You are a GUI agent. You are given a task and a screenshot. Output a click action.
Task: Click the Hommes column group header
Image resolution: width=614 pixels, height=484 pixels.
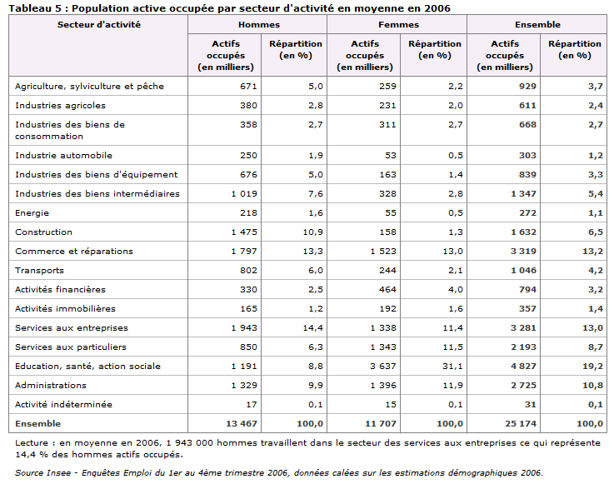[x=259, y=25]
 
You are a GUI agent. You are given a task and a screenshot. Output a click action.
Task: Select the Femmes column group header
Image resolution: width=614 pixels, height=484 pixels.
[x=398, y=25]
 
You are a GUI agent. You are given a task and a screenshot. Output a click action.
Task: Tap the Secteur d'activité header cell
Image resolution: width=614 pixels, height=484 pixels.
[x=98, y=25]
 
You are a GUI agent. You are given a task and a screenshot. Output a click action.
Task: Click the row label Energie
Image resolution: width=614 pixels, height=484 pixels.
[x=32, y=213]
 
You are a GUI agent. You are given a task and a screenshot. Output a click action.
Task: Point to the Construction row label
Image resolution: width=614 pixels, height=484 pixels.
[x=43, y=232]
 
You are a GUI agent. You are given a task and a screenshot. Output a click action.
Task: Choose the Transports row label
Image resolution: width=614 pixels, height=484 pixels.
[x=39, y=271]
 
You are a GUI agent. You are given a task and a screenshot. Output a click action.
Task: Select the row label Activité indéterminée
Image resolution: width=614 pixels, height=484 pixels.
[x=63, y=404]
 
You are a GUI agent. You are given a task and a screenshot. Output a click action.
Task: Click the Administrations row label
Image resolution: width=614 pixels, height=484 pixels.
[x=51, y=386]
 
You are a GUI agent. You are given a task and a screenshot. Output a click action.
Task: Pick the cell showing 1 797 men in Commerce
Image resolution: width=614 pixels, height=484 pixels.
[x=244, y=251]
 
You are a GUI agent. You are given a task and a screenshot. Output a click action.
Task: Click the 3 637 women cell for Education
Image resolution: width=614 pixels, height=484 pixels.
[x=383, y=367]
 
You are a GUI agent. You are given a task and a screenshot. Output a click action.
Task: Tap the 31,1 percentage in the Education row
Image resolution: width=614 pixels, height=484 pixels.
[x=452, y=367]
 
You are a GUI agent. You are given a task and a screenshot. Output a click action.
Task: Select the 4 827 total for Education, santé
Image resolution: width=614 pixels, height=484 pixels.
[x=523, y=367]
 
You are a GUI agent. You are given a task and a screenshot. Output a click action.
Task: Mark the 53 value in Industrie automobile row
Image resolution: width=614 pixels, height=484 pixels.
[x=391, y=156]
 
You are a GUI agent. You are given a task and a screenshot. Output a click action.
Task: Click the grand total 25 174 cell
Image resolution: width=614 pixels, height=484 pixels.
[x=521, y=424]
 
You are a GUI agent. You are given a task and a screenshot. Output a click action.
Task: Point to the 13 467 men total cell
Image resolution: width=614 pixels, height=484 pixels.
[x=242, y=424]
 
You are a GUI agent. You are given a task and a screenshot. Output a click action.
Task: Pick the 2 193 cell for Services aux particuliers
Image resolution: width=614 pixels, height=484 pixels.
[x=523, y=347]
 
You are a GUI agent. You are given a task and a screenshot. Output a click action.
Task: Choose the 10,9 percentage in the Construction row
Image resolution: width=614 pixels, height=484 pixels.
[x=313, y=232]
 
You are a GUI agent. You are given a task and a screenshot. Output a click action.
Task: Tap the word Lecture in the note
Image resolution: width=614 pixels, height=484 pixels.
[x=32, y=443]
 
